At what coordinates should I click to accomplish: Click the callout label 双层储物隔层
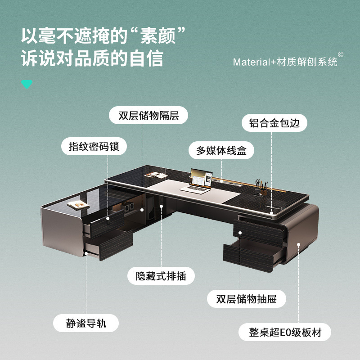(x=148, y=115)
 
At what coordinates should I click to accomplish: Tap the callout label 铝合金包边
(x=274, y=123)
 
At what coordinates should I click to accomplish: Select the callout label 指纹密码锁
(x=94, y=146)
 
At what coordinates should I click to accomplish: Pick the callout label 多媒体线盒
(x=221, y=150)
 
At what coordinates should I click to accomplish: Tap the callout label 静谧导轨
(x=86, y=323)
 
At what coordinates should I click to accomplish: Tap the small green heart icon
(x=27, y=84)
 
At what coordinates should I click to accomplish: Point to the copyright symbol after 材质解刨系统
(x=341, y=55)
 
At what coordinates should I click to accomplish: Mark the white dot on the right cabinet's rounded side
(x=298, y=245)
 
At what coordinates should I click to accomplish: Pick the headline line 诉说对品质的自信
(x=92, y=59)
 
